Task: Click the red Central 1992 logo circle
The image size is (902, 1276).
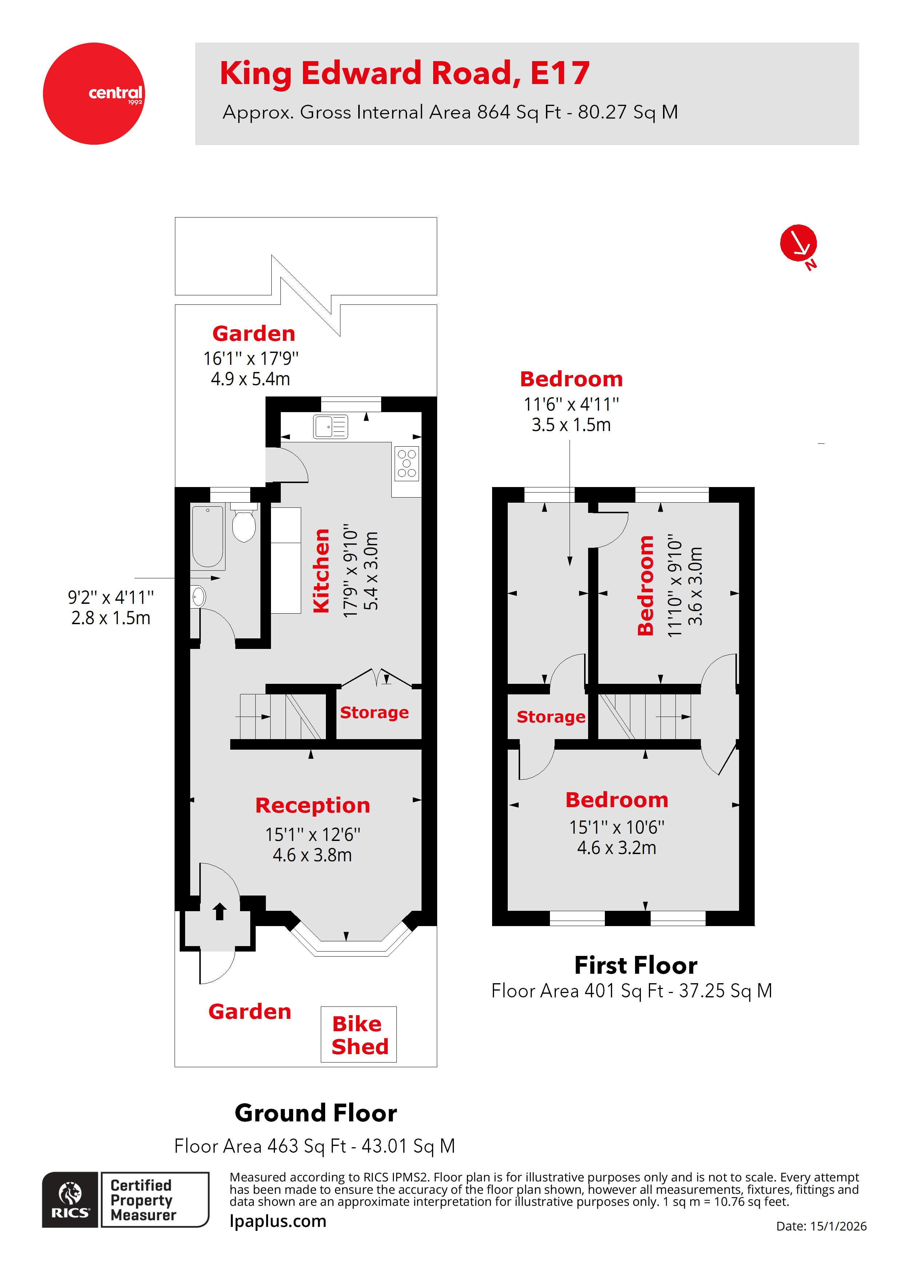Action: coord(93,93)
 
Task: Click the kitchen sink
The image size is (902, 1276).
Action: coord(331,427)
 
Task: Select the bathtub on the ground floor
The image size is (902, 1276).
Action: coord(208,536)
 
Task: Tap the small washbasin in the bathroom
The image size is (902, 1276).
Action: coord(199,597)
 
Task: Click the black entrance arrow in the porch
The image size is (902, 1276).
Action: coord(220,912)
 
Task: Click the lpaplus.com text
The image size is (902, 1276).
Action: coord(278,1221)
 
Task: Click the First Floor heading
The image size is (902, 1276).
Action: coord(635,965)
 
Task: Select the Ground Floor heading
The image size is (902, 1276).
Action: coord(316,1113)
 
